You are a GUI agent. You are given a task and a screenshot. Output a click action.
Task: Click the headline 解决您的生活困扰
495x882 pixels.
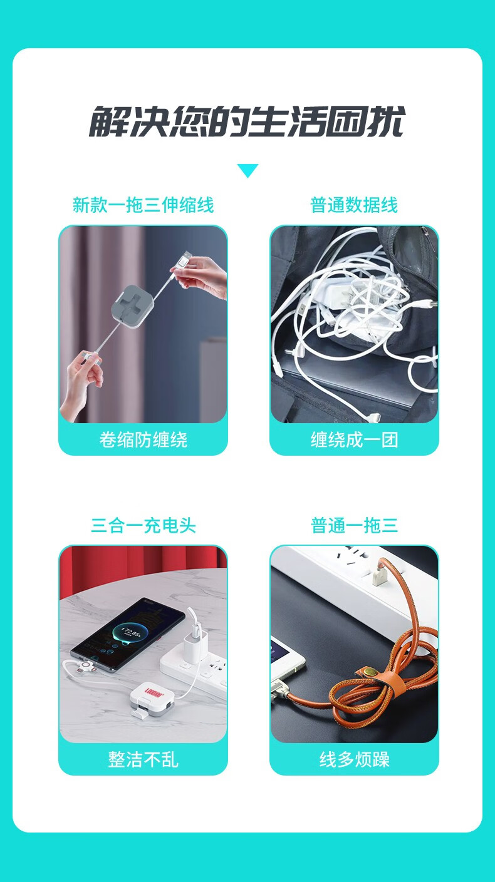[x=247, y=121]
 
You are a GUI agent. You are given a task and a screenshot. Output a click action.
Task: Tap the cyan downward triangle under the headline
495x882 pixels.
[x=247, y=170]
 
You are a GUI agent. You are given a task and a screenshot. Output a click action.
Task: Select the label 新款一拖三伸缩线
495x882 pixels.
[x=143, y=205]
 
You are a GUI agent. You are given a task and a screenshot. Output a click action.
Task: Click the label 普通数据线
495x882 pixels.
[x=354, y=205]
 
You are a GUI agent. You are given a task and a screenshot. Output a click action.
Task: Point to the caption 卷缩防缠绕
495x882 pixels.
[x=143, y=440]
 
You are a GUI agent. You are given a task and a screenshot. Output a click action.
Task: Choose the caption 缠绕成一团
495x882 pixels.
[x=354, y=440]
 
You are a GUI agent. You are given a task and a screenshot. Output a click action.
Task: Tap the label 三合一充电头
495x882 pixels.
[x=143, y=525]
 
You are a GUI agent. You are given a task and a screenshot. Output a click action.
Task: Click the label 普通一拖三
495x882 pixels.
[x=354, y=525]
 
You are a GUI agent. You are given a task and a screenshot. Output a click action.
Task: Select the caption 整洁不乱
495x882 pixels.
[x=143, y=759]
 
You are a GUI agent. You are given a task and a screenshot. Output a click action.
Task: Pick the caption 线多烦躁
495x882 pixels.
[x=354, y=759]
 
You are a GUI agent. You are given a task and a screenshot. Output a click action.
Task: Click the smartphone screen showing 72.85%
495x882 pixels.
[x=127, y=634]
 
